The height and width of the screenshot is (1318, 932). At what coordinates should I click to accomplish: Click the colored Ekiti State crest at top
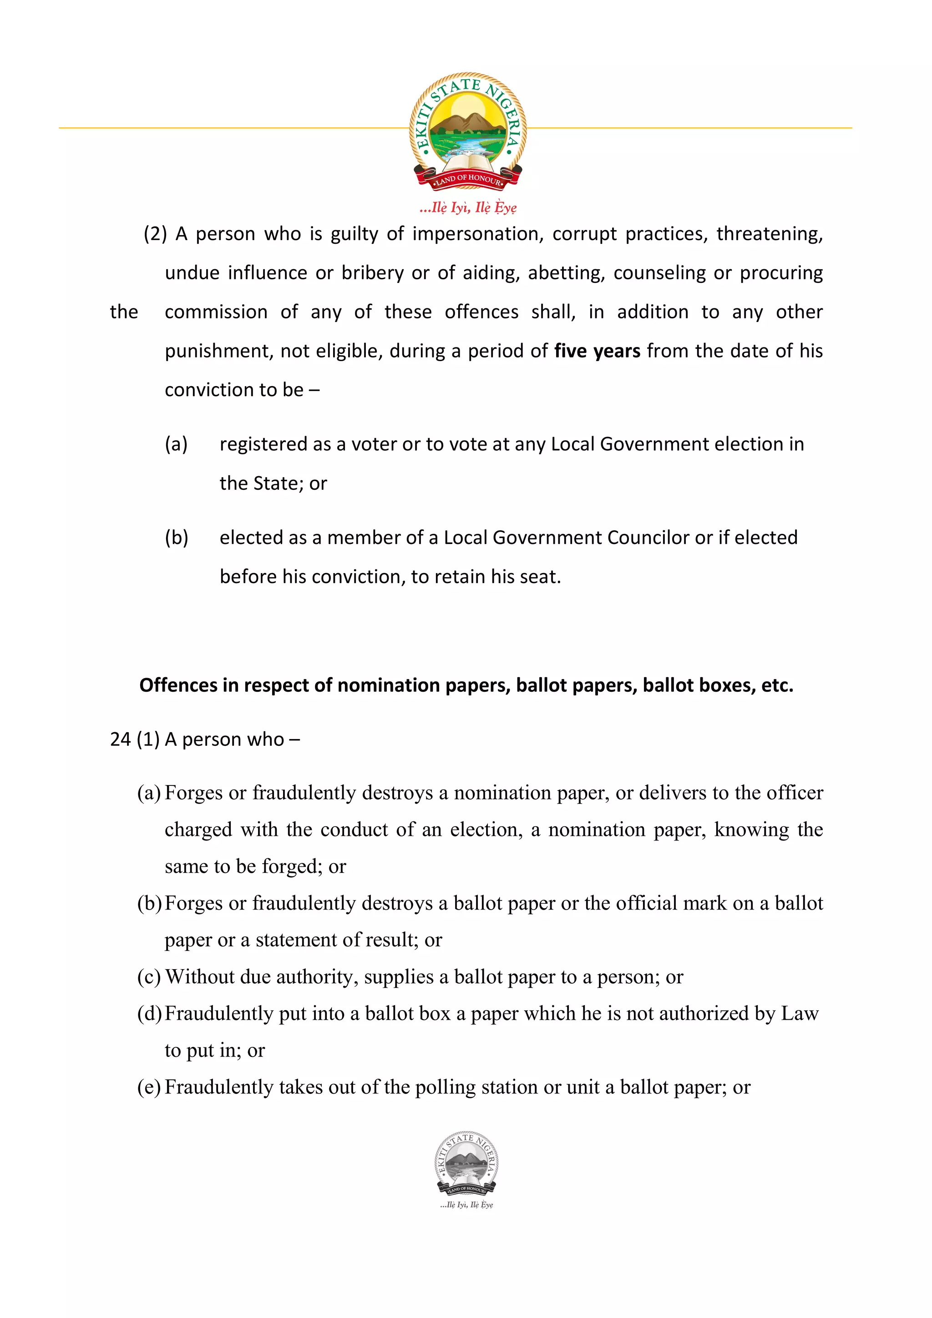pyautogui.click(x=467, y=131)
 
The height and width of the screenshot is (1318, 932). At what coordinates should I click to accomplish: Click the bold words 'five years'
pyautogui.click(x=597, y=351)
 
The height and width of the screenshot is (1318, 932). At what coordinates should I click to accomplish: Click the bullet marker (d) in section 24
pyautogui.click(x=149, y=1013)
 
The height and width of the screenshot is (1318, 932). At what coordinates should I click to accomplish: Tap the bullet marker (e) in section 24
pyautogui.click(x=149, y=1087)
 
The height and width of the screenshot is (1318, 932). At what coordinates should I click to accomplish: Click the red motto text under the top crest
pyautogui.click(x=468, y=207)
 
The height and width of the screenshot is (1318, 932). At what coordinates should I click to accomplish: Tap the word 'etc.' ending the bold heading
pyautogui.click(x=777, y=685)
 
